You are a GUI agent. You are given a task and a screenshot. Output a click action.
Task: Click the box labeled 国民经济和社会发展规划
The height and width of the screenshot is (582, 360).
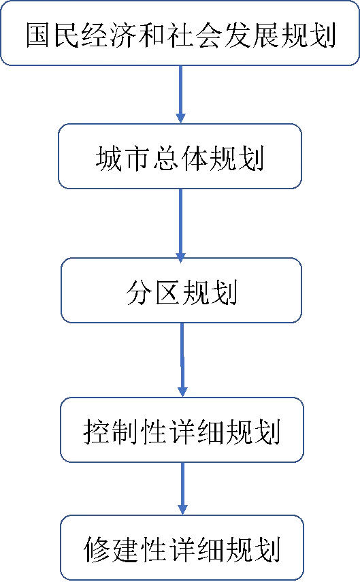[x=180, y=33]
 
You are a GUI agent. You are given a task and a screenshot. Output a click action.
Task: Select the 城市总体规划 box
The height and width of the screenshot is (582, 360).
[x=180, y=157]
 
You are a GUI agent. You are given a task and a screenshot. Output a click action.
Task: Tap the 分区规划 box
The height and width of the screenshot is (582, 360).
[x=181, y=290]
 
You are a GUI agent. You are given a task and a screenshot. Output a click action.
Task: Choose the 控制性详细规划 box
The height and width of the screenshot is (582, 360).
[x=182, y=430]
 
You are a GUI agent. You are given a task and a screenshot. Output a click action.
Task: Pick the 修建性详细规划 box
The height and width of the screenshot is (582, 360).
[x=182, y=547]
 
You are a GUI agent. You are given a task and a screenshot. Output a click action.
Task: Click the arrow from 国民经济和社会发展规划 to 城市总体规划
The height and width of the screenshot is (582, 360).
[x=180, y=95]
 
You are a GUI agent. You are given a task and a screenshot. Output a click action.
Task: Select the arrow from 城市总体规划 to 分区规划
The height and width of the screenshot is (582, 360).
[x=181, y=226]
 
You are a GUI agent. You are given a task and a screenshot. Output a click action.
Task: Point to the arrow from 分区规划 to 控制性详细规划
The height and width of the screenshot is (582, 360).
[x=182, y=359]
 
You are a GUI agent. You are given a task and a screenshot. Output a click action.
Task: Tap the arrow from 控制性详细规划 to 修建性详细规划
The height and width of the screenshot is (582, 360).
[x=182, y=489]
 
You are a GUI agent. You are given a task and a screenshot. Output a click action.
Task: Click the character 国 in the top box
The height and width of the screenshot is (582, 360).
[x=39, y=35]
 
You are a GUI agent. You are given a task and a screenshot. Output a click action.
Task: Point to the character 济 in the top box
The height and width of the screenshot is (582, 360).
[x=123, y=35]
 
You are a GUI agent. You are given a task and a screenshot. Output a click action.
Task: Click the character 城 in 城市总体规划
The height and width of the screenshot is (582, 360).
[x=109, y=158]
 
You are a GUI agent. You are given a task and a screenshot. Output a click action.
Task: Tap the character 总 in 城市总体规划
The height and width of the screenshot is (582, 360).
[x=166, y=158]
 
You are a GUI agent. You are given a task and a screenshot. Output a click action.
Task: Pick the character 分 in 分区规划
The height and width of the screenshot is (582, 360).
[x=139, y=292]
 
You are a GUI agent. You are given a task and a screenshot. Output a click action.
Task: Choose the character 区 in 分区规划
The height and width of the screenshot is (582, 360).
[x=167, y=292]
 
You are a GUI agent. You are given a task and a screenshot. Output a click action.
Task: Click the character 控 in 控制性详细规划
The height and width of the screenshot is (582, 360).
[x=96, y=432]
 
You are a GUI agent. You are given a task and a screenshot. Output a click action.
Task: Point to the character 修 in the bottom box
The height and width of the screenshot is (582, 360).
[x=96, y=549]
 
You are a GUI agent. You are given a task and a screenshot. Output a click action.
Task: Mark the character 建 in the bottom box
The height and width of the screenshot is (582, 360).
[x=125, y=549]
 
